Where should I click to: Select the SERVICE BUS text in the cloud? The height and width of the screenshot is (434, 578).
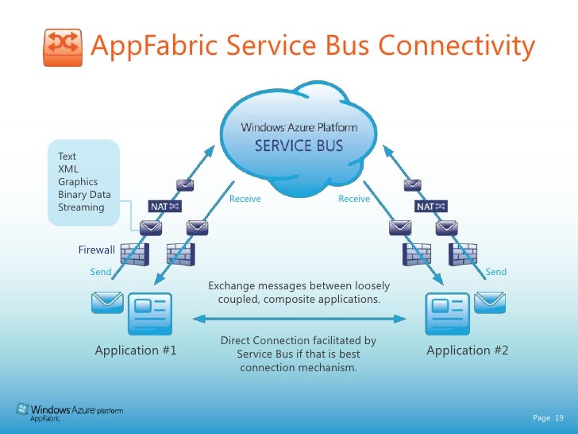[x=299, y=146]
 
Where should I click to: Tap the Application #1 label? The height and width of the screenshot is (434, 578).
[x=136, y=351]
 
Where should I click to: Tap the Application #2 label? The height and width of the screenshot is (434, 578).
[x=467, y=351]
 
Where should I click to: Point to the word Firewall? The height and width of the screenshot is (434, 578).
[x=96, y=250]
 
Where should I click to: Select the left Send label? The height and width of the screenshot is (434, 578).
[x=101, y=272]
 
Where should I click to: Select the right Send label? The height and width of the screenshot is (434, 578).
[x=495, y=272]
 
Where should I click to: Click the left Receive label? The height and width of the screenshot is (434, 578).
[x=245, y=199]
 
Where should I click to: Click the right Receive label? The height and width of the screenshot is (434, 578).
[x=354, y=199]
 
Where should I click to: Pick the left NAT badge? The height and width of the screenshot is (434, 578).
[x=164, y=207]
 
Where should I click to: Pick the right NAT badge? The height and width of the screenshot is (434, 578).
[x=431, y=207]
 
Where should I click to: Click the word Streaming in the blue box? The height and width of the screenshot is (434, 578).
[x=81, y=207]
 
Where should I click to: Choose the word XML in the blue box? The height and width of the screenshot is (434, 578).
[x=68, y=169]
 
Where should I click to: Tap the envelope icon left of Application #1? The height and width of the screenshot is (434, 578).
[x=107, y=302]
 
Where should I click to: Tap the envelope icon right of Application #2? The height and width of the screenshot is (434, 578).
[x=490, y=302]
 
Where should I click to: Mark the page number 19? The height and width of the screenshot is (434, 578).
[x=558, y=417]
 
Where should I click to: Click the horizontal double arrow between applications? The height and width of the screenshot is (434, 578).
[x=299, y=318]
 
